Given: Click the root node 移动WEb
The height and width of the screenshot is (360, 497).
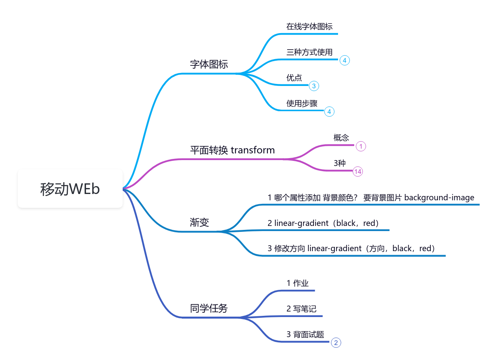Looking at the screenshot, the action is pyautogui.click(x=70, y=189).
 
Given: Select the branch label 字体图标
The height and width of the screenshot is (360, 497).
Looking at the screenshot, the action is pyautogui.click(x=209, y=64).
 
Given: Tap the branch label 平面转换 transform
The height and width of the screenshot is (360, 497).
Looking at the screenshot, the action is pyautogui.click(x=233, y=150).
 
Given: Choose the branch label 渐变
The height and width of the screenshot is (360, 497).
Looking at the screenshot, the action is pyautogui.click(x=200, y=222).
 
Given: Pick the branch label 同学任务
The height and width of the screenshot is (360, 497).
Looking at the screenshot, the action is pyautogui.click(x=209, y=308).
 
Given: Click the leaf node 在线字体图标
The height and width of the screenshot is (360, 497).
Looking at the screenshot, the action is pyautogui.click(x=310, y=26).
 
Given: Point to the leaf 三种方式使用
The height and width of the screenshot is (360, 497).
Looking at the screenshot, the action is pyautogui.click(x=310, y=52).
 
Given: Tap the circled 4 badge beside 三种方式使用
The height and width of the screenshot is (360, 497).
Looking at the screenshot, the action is pyautogui.click(x=345, y=60).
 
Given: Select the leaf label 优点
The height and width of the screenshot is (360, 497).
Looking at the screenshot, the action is pyautogui.click(x=294, y=78).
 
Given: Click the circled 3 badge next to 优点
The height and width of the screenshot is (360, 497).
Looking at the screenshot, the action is pyautogui.click(x=314, y=86).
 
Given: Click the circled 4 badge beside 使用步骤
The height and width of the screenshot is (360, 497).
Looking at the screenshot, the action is pyautogui.click(x=329, y=112).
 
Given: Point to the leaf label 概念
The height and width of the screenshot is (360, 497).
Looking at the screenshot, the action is pyautogui.click(x=341, y=138).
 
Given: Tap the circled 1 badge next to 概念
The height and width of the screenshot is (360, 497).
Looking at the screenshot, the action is pyautogui.click(x=361, y=146).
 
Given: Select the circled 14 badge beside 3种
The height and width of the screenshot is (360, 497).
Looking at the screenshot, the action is pyautogui.click(x=358, y=172).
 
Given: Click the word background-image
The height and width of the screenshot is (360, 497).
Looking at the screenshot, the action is pyautogui.click(x=439, y=198).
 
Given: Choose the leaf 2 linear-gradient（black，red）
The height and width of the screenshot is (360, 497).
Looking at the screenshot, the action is pyautogui.click(x=323, y=223).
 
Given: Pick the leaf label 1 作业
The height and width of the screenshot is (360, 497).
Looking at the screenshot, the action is pyautogui.click(x=297, y=283).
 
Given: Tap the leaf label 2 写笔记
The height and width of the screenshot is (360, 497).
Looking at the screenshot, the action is pyautogui.click(x=301, y=309).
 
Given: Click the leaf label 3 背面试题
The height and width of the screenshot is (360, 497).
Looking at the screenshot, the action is pyautogui.click(x=305, y=334).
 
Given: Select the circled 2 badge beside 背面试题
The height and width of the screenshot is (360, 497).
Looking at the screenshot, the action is pyautogui.click(x=336, y=343).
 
